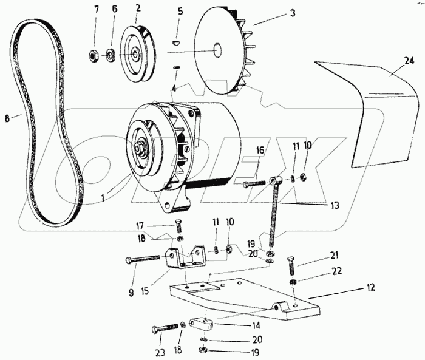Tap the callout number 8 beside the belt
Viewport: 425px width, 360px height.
coord(8,118)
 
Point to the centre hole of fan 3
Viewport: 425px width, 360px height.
coord(217,51)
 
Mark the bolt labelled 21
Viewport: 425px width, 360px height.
coord(290,265)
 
